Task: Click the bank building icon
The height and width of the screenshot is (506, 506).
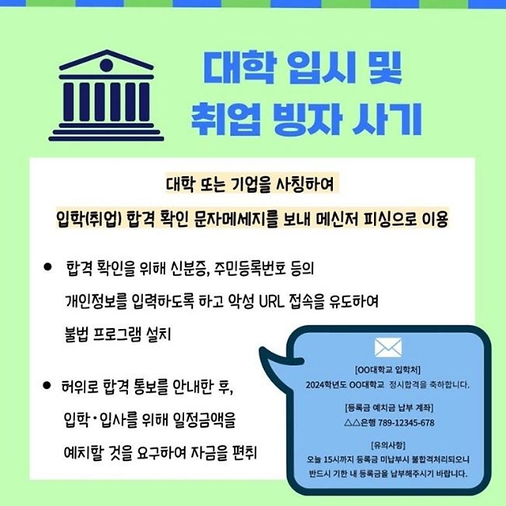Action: (x=106, y=95)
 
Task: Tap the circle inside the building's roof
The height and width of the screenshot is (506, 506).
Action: (x=106, y=65)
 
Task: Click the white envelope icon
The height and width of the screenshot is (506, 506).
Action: (x=388, y=348)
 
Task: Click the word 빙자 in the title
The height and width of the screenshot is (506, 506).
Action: (x=308, y=119)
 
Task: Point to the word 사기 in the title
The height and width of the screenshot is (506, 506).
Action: (x=387, y=119)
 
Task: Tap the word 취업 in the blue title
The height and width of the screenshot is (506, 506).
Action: (x=225, y=119)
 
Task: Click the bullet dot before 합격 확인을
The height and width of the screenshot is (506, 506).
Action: (x=47, y=267)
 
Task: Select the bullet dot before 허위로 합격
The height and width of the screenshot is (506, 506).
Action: (x=47, y=385)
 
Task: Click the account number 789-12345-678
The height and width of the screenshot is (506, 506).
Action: (x=406, y=422)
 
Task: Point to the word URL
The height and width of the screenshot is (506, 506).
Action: (x=272, y=301)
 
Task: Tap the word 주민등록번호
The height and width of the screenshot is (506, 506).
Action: (x=250, y=268)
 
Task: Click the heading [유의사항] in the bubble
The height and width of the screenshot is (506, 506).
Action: (x=388, y=445)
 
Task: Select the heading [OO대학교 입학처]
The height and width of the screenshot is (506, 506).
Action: (x=387, y=369)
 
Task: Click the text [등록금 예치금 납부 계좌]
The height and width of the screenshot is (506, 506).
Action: (x=389, y=408)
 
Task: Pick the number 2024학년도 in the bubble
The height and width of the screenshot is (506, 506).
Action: (x=326, y=385)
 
